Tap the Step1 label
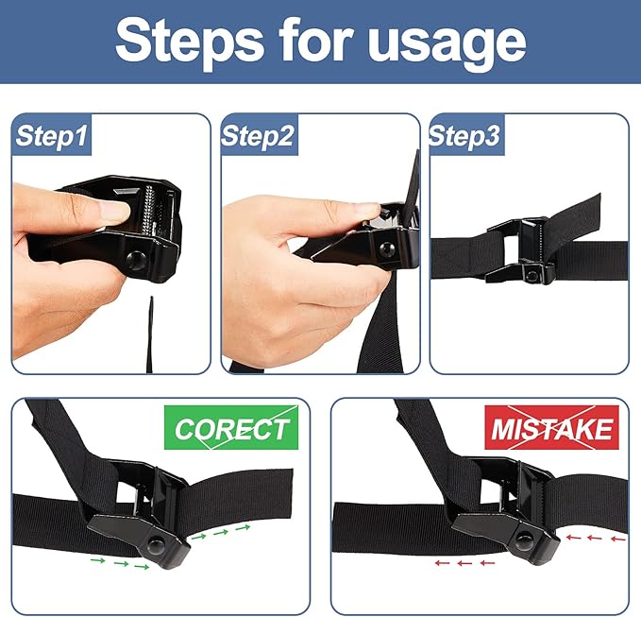click(52, 137)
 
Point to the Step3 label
click(464, 137)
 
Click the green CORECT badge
click(231, 428)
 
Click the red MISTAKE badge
click(551, 428)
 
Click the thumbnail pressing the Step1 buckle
click(114, 210)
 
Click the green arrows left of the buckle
click(118, 565)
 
